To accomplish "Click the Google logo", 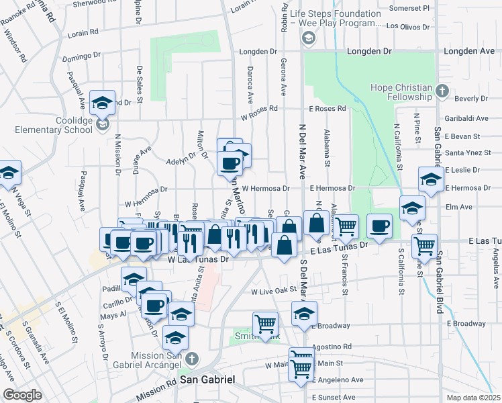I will tap(22, 395).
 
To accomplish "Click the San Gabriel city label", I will tap(208, 380).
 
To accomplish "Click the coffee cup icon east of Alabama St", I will tap(380, 226).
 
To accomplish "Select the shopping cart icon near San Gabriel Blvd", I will tap(424, 247).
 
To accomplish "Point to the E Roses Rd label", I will tap(327, 108).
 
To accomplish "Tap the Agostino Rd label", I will tap(332, 347).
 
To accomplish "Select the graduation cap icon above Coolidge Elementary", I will tap(103, 103).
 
